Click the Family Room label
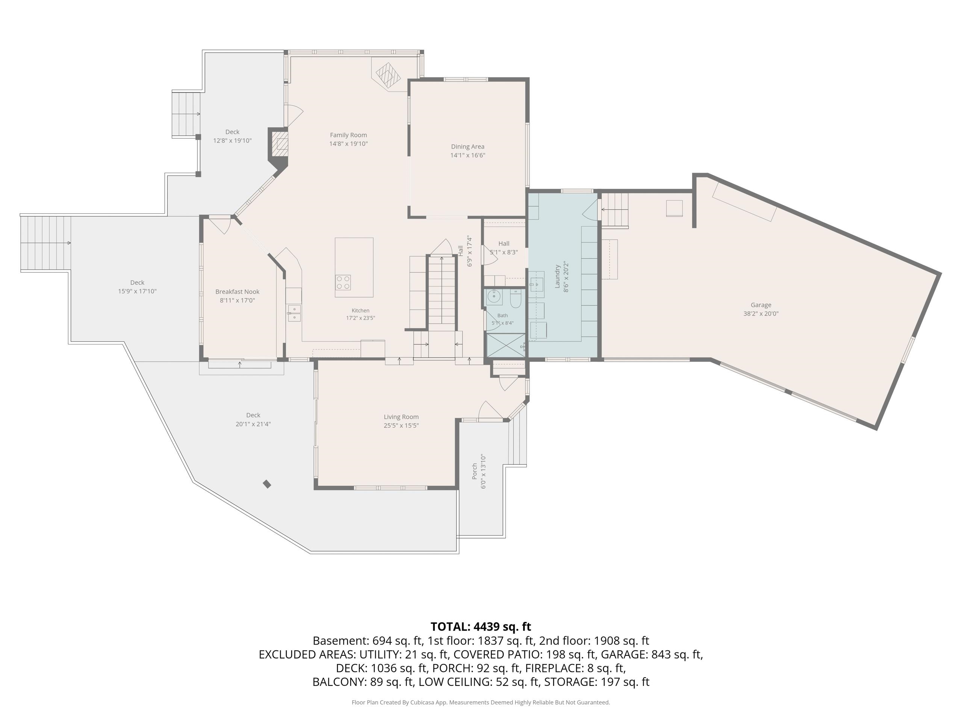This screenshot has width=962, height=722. point(348,135)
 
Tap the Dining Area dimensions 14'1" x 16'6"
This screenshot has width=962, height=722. point(467,155)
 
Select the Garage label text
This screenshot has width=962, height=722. point(761,305)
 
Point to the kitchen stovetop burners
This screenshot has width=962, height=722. point(343,282)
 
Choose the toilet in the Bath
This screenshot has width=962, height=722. point(516,299)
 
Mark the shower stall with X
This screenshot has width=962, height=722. point(505,346)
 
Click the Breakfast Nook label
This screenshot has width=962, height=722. point(237,291)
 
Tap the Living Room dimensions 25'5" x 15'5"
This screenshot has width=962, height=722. point(401,426)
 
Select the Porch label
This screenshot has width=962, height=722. point(475,471)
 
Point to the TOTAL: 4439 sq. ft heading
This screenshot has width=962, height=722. point(481,627)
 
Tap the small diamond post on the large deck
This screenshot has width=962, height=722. point(267,484)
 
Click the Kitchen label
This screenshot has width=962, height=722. point(360,310)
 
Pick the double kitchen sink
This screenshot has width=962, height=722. point(294,313)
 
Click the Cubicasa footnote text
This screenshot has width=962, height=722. point(481,702)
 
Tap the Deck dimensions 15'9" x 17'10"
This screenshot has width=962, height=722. point(137,291)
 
